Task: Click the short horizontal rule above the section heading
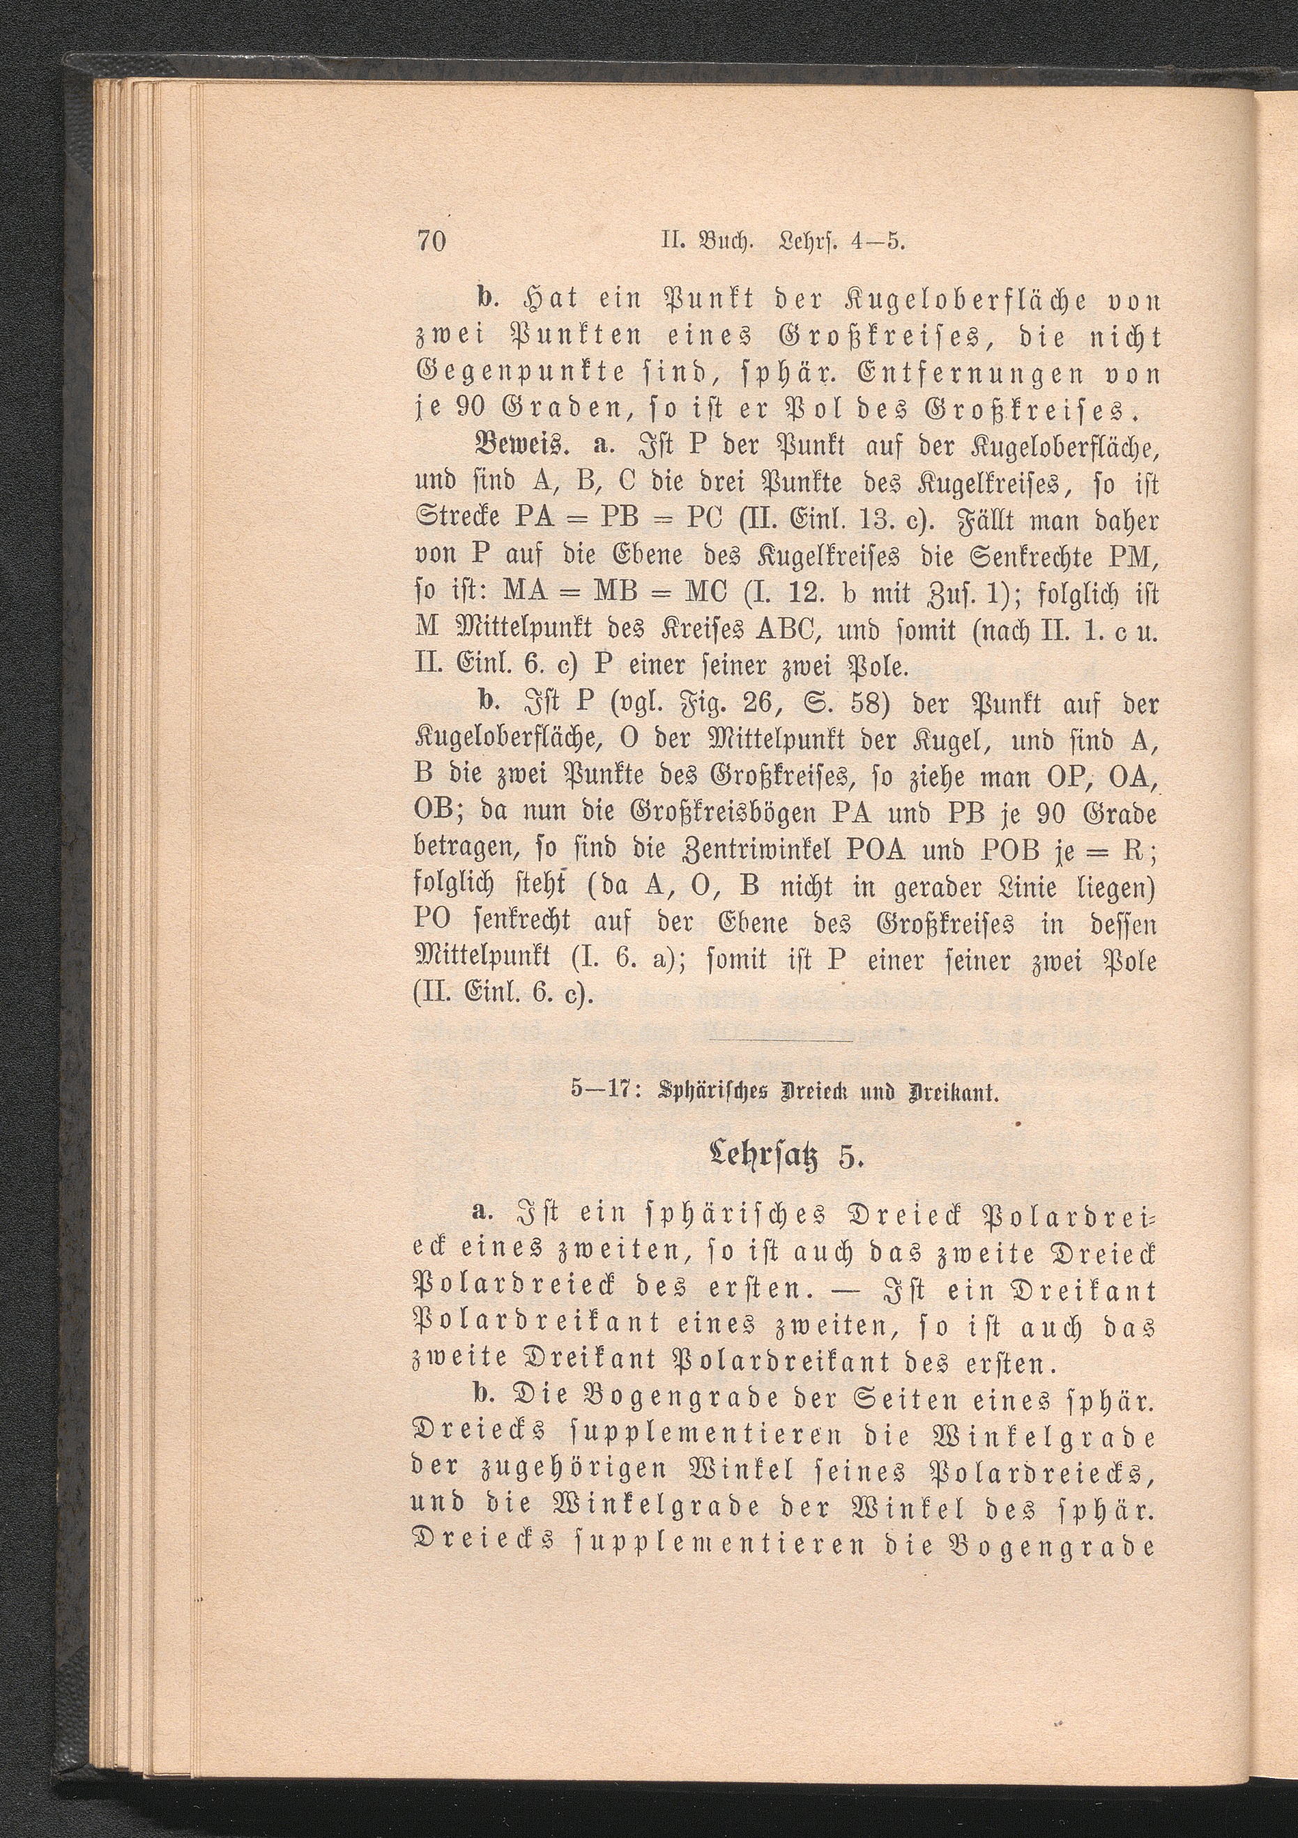[x=782, y=1042]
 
